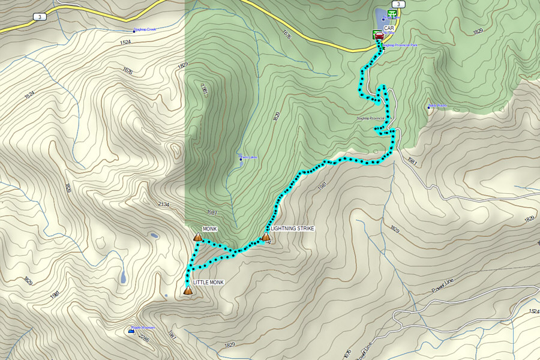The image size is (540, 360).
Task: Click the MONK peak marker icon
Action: click(x=197, y=238)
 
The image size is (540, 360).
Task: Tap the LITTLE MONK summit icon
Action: click(x=188, y=290)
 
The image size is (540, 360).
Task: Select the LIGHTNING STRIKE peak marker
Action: click(x=266, y=238)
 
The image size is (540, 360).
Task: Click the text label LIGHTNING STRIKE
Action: click(x=292, y=229)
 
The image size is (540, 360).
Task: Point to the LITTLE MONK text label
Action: click(x=208, y=282)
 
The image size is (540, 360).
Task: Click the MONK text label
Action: click(x=209, y=229)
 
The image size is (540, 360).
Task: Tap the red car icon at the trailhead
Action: click(x=379, y=35)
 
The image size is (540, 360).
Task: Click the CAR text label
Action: click(x=389, y=28)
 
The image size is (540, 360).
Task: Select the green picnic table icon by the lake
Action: click(x=392, y=13)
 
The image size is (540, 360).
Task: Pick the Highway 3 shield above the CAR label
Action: click(x=400, y=4)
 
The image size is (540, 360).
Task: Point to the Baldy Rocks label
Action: click(x=438, y=106)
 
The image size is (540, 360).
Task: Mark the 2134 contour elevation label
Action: click(x=163, y=205)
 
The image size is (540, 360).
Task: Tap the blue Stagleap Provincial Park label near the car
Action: click(x=400, y=46)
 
